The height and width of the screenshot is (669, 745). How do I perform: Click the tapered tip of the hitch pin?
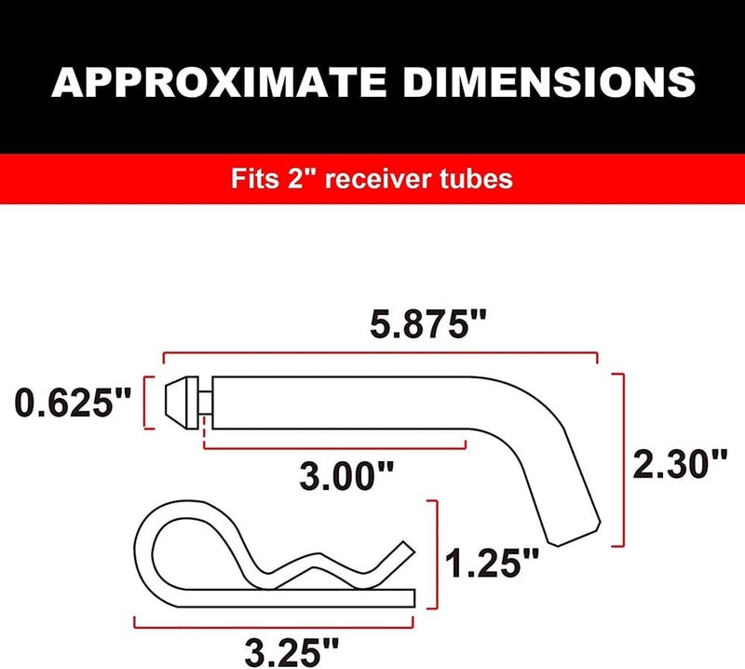click(177, 402)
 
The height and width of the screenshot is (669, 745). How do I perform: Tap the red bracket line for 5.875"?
click(380, 353)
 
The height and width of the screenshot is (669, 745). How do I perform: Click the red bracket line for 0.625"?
click(146, 403)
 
